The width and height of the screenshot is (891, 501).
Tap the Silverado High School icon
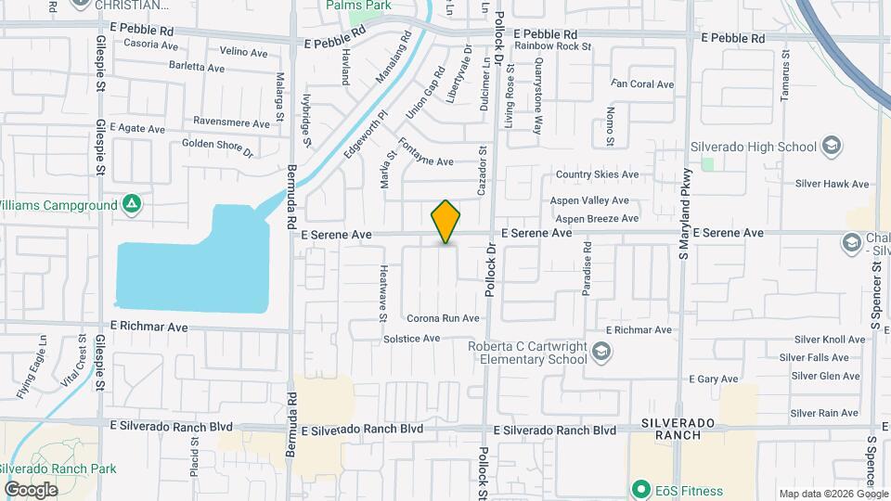[x=832, y=147]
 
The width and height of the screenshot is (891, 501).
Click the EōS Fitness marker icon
[x=639, y=490]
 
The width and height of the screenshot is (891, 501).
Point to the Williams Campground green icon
[x=133, y=204]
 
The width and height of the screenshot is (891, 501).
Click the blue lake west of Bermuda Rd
[x=195, y=264]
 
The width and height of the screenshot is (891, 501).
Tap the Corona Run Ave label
[x=443, y=318]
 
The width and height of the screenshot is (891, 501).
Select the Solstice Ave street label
[x=411, y=339]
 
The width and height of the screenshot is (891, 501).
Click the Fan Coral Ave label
[x=642, y=84]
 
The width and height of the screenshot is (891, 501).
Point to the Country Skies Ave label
[x=597, y=174]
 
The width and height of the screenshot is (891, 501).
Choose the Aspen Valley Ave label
[x=590, y=200]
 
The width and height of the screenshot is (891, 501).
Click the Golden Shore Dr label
[x=217, y=145]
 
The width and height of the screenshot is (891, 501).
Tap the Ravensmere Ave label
[x=232, y=122]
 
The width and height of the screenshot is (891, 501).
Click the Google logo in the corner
[x=31, y=489]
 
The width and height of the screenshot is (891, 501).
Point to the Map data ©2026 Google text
[x=833, y=494]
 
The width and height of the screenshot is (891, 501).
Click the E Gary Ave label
[x=714, y=379]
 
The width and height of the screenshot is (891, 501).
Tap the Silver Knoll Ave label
[x=815, y=340]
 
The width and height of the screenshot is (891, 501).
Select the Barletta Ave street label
[x=197, y=68]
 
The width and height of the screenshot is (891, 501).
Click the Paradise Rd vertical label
[x=587, y=268]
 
